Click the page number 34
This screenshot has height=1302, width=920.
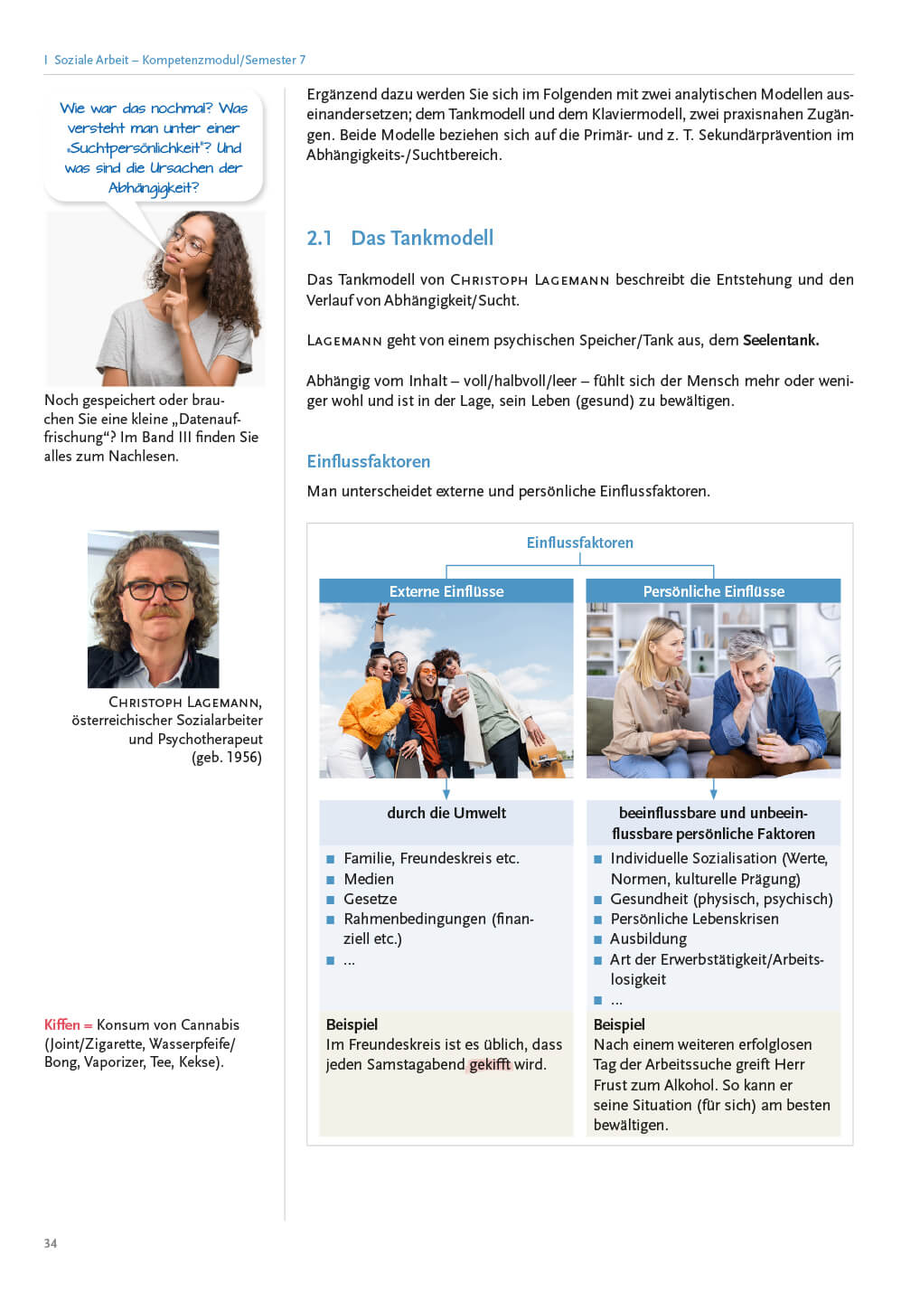(51, 1243)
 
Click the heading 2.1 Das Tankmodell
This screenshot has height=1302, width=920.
(400, 238)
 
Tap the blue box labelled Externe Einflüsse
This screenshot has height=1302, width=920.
(446, 591)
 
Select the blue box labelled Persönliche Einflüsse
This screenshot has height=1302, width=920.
(713, 591)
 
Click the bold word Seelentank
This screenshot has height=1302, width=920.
(781, 341)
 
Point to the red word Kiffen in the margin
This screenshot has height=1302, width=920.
(61, 1024)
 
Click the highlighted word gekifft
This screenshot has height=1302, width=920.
(490, 1064)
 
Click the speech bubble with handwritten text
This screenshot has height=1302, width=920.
(154, 147)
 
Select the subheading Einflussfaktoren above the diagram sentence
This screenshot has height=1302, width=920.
(369, 461)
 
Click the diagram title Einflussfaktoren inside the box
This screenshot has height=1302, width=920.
(580, 542)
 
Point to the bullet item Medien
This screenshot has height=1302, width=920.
(369, 879)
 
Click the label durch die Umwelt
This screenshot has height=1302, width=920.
(446, 813)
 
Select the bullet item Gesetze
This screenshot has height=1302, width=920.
(371, 899)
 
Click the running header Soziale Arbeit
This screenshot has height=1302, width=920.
(91, 60)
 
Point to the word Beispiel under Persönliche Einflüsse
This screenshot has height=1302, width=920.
(619, 1024)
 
